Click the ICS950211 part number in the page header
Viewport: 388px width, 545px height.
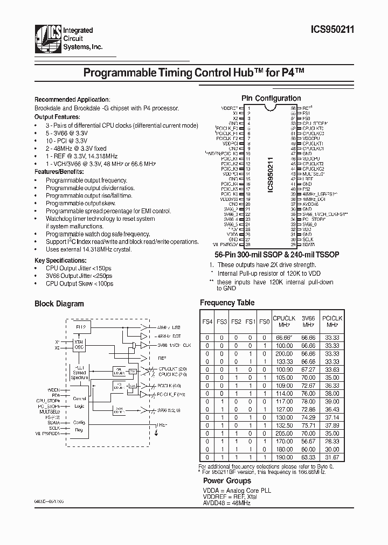331,32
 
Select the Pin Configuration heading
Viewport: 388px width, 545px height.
271,99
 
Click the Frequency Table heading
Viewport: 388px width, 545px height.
227,303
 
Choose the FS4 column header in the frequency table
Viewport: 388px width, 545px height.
207,322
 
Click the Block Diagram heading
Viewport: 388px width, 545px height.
59,304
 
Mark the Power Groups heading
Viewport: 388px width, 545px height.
227,480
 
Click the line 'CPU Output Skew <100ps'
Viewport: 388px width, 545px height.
79,283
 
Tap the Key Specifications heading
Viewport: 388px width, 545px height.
59,260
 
